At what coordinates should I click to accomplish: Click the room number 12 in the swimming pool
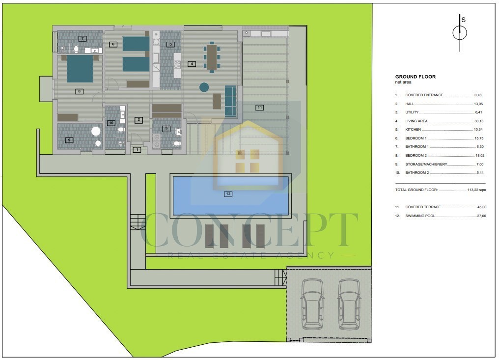pyautogui.click(x=228, y=194)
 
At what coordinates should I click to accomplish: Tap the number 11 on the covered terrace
pyautogui.click(x=260, y=107)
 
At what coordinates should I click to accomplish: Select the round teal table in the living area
pyautogui.click(x=204, y=87)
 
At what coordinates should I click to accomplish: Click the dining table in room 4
pyautogui.click(x=212, y=57)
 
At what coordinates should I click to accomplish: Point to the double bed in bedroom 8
pyautogui.click(x=80, y=69)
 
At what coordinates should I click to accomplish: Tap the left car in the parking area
pyautogui.click(x=312, y=304)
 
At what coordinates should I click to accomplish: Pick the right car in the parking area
pyautogui.click(x=349, y=304)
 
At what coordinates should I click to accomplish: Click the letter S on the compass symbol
pyautogui.click(x=463, y=20)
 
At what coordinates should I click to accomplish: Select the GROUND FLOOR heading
pyautogui.click(x=416, y=77)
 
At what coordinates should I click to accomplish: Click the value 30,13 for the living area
pyautogui.click(x=479, y=121)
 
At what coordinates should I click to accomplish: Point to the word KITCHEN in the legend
pyautogui.click(x=413, y=130)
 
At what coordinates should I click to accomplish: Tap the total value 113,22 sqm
pyautogui.click(x=476, y=190)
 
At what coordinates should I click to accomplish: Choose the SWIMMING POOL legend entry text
pyautogui.click(x=420, y=216)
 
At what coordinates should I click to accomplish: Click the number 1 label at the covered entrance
pyautogui.click(x=137, y=150)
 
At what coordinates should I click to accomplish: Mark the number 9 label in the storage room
pyautogui.click(x=69, y=140)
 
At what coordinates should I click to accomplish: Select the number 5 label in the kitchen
pyautogui.click(x=170, y=44)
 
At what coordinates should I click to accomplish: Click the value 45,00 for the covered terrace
pyautogui.click(x=482, y=207)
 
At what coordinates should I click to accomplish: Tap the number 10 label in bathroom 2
pyautogui.click(x=111, y=123)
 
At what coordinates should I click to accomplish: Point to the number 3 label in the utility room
pyautogui.click(x=166, y=129)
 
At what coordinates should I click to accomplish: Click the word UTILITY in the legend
pyautogui.click(x=412, y=112)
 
